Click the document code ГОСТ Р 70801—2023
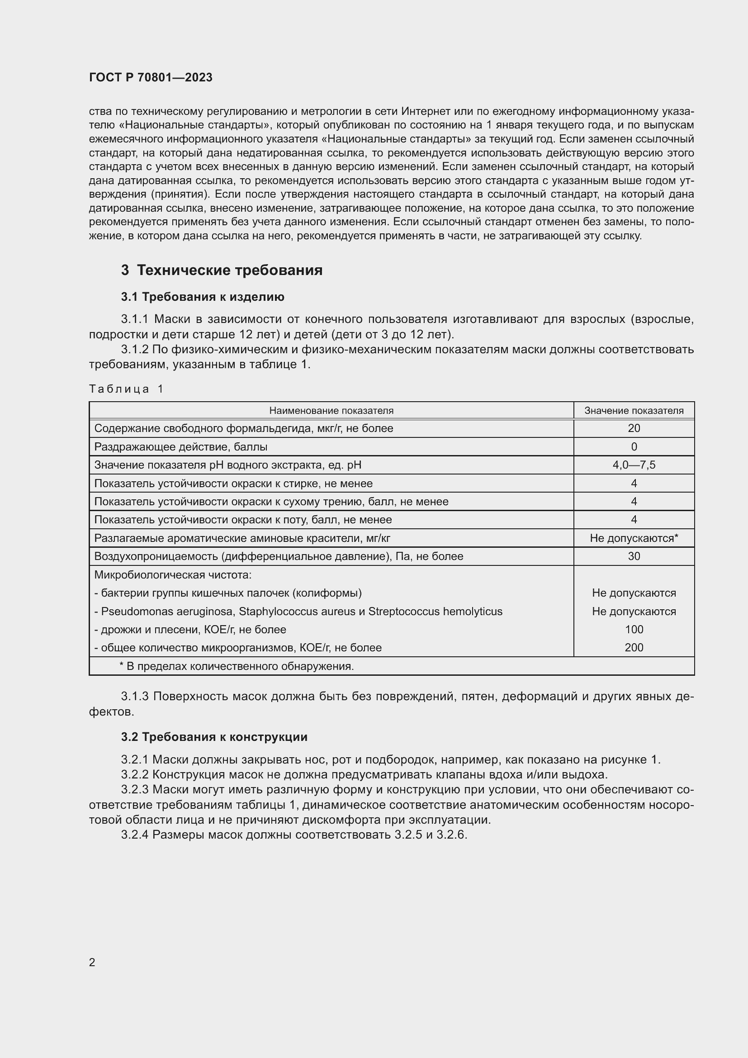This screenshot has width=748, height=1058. point(151,77)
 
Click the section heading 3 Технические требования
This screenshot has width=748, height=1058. point(222,270)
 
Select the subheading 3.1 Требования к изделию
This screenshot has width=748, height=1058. point(203,297)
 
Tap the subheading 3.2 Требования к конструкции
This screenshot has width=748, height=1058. point(214,737)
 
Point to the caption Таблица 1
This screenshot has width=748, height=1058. point(126,389)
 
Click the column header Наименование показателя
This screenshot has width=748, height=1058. point(331,411)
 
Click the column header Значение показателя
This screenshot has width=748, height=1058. point(634,411)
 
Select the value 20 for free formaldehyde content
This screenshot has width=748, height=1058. point(634,428)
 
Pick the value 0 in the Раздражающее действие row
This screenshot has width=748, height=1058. point(634,447)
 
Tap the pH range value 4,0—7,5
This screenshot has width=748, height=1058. point(634,465)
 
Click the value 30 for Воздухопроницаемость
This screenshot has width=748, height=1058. point(634,557)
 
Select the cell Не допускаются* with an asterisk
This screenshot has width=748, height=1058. point(634,538)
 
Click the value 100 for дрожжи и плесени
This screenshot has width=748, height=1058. point(634,630)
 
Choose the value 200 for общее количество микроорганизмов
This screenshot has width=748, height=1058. point(634,648)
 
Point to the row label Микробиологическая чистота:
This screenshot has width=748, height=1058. point(173,575)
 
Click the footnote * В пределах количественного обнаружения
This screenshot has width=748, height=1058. point(236,666)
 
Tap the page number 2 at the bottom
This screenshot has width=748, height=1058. point(92,963)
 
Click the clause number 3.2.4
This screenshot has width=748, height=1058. point(135,835)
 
